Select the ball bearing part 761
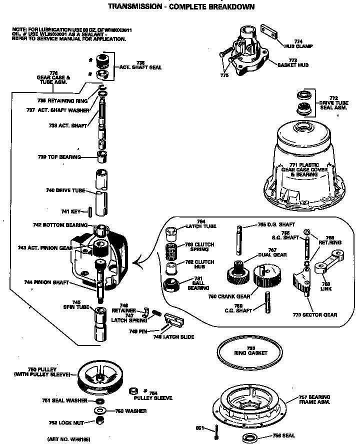click(x=171, y=288)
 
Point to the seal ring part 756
click(x=251, y=438)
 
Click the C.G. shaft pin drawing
click(x=267, y=302)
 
